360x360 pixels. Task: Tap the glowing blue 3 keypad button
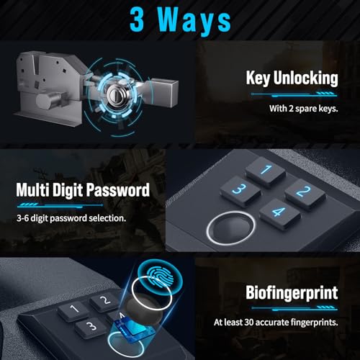(240, 189)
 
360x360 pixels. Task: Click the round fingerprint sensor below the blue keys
(226, 230)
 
